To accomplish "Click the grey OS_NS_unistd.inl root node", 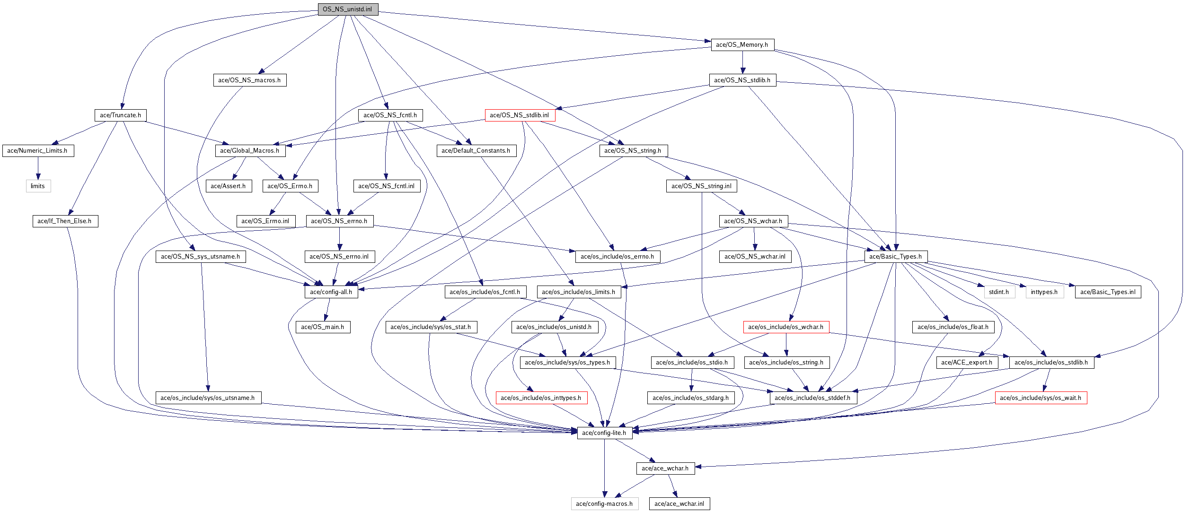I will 348,9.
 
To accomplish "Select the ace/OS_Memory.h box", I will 742,45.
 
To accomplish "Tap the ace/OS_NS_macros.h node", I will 249,80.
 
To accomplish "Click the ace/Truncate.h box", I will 120,115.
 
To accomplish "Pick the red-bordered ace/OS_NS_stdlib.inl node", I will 520,115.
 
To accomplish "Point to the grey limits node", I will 38,186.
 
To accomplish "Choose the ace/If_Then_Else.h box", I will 65,221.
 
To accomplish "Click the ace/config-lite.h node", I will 604,433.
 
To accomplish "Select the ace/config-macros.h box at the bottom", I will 604,504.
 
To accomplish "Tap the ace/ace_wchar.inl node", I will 679,504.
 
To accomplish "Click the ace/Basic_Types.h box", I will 895,257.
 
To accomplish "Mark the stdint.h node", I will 999,292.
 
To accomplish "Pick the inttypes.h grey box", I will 1044,292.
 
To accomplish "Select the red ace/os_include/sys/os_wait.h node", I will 1041,398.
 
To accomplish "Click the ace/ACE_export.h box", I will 967,363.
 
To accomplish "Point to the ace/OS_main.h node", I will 323,327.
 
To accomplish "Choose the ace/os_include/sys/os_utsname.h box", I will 208,398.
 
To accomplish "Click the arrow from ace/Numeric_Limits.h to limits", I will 38,168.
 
